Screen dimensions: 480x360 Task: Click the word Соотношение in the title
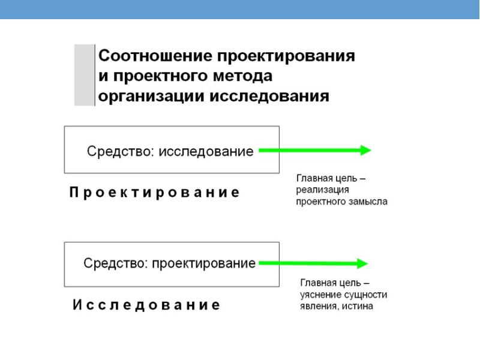pos(155,56)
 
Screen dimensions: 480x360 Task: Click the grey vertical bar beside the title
pos(85,75)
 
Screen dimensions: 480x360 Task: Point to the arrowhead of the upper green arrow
pos(365,150)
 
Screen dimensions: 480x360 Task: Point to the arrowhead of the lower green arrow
pos(362,263)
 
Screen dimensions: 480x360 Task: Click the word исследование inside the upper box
pos(206,152)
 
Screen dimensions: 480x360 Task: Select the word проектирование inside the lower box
pos(203,263)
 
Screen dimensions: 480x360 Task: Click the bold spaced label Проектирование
pos(155,193)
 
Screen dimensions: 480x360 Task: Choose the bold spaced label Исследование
pos(146,305)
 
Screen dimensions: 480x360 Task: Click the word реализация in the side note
pos(322,190)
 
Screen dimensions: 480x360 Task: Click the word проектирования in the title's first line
pos(286,56)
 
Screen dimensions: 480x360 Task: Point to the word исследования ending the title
pos(269,97)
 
